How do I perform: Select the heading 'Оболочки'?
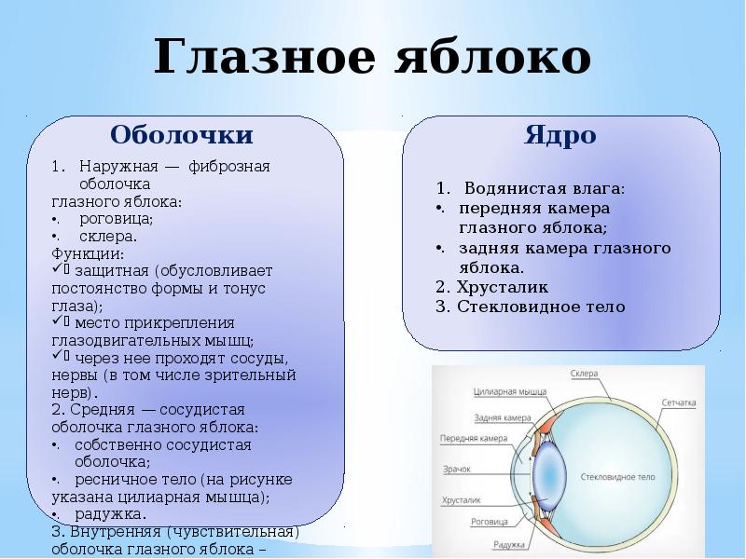coord(182,135)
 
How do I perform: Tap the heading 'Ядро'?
coord(560,135)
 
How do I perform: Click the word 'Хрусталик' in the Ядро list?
coord(502,286)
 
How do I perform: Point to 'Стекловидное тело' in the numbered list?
coord(541,307)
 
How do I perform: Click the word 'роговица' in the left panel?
coord(117,219)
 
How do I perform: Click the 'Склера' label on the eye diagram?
coord(584,374)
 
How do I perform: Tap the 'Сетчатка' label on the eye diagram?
coord(679,403)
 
